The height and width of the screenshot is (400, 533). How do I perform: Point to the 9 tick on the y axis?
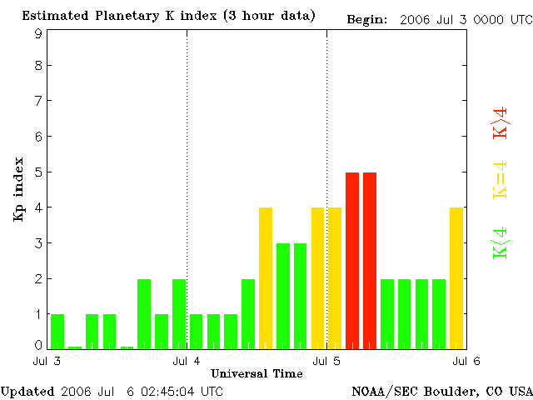click(38, 34)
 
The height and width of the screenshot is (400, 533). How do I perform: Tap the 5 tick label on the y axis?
click(38, 172)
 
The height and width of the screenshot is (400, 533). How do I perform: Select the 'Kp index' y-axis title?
click(17, 189)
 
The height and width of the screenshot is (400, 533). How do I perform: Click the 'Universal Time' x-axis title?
click(257, 373)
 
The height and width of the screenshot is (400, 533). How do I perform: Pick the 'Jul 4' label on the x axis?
click(186, 361)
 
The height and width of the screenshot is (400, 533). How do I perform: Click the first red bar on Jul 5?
click(352, 260)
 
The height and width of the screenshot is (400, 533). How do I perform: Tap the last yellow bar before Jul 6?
click(456, 277)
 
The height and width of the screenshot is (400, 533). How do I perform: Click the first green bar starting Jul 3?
click(57, 331)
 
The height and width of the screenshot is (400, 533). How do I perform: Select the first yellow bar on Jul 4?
click(266, 277)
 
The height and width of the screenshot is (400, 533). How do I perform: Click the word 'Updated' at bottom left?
click(27, 390)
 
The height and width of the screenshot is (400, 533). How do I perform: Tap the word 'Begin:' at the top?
click(367, 18)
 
